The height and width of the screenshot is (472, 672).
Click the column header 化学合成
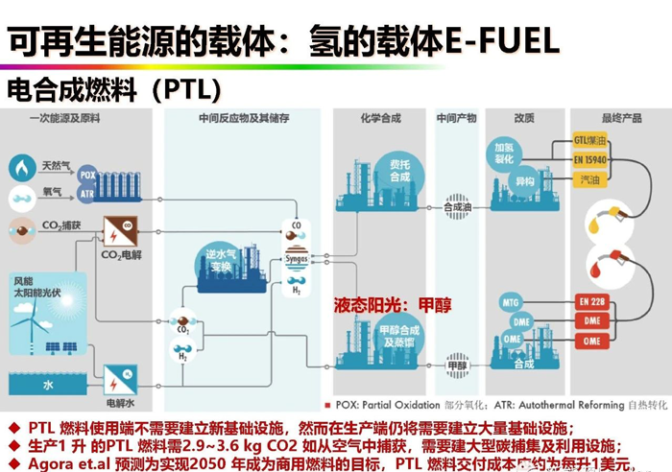[380, 118]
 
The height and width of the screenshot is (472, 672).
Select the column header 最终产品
[621, 118]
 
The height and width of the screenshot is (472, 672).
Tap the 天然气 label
[56, 166]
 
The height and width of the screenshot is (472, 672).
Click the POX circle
[87, 176]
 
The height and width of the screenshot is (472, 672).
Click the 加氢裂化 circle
[504, 153]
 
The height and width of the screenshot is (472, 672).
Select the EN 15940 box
[590, 159]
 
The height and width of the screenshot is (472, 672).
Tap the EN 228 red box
[591, 302]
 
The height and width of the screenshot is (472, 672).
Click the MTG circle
[511, 303]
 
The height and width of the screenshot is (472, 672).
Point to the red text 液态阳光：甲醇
[392, 304]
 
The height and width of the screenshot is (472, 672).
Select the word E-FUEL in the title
[502, 40]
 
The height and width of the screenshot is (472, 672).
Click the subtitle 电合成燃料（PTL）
[114, 89]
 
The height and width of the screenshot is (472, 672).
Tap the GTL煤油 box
[590, 141]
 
